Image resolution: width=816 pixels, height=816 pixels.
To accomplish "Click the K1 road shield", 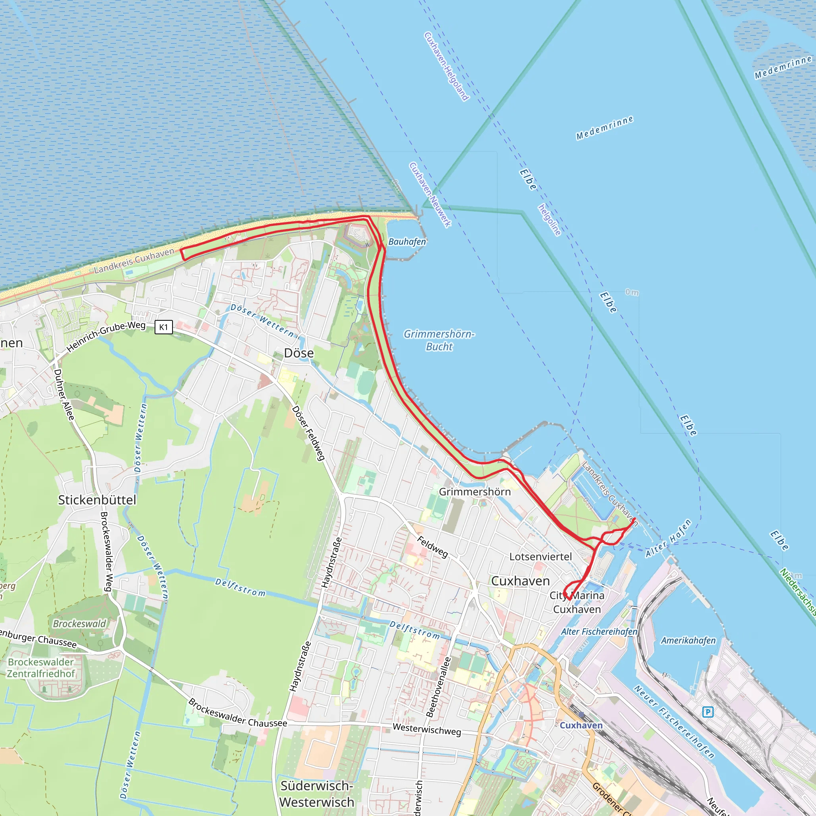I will click(x=163, y=327).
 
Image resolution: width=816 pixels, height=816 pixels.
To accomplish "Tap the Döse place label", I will click(x=298, y=353).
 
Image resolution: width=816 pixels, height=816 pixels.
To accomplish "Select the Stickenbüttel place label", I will click(x=97, y=500).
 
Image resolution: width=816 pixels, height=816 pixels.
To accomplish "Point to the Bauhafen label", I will click(x=407, y=241).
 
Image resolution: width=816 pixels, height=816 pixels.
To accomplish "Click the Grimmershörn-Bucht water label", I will click(x=439, y=340).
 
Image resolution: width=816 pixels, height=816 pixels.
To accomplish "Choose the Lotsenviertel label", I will click(x=540, y=557).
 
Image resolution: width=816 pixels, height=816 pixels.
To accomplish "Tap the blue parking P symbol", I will click(x=708, y=712).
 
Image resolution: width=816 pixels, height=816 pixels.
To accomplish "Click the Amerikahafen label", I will click(x=688, y=641).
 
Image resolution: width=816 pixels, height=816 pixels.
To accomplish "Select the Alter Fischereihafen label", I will click(x=599, y=632).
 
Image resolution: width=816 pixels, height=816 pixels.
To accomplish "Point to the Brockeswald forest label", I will click(x=79, y=624).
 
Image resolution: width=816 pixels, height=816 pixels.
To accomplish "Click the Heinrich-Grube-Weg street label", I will click(x=106, y=337).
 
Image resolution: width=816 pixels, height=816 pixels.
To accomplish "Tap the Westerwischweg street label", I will click(x=427, y=730).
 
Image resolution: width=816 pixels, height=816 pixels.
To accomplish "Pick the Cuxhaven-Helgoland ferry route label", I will click(x=446, y=66).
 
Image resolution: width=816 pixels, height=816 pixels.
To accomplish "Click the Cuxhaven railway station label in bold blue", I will click(x=581, y=725).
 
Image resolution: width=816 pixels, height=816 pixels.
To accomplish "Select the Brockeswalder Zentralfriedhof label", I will click(x=41, y=668).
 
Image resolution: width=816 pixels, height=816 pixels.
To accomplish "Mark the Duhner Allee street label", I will click(x=64, y=394).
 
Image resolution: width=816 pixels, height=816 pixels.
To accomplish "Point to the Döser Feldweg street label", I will click(x=308, y=433).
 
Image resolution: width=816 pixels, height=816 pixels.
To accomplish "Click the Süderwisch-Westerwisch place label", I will click(x=317, y=794).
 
